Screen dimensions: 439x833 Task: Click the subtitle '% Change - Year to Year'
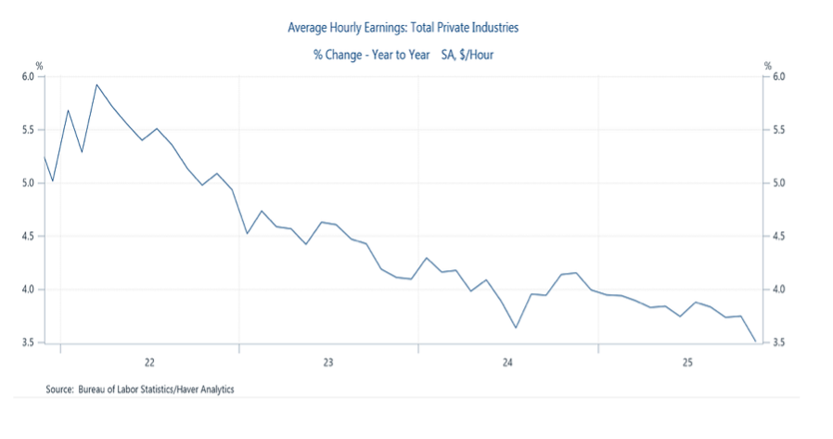(371, 56)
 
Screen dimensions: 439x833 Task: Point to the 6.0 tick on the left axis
(28, 77)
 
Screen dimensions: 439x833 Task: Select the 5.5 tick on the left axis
(28, 130)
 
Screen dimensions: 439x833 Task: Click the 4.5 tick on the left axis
(28, 237)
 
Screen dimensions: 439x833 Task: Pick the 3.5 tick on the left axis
(28, 343)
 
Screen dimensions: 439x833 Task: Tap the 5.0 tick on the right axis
(779, 184)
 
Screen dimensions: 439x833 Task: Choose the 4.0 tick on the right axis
(779, 290)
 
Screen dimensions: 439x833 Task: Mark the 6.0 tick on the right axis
(779, 77)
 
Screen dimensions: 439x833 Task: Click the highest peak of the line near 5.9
(96, 84)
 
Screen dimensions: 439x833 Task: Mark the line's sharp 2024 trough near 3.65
(516, 327)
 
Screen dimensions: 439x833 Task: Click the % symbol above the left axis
(39, 65)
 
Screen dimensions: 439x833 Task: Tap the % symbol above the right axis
(767, 65)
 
